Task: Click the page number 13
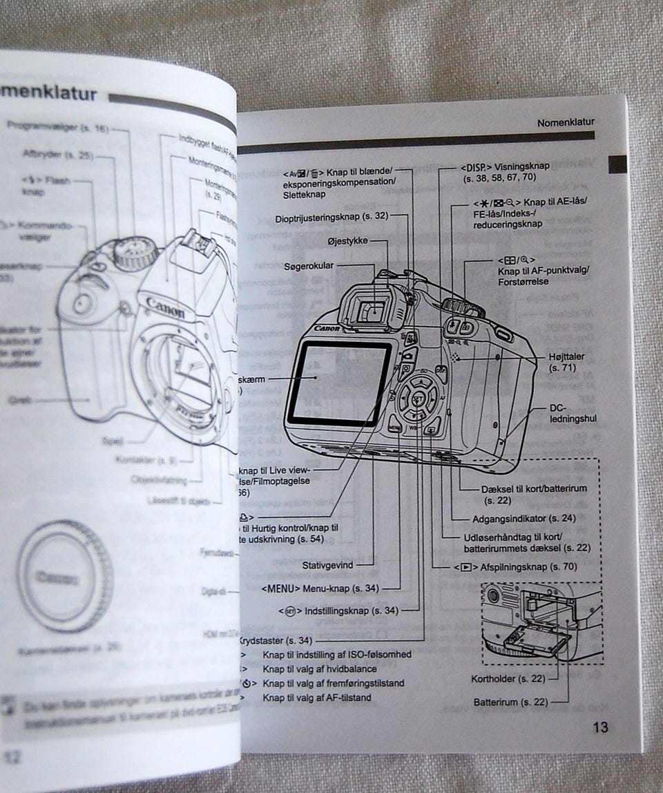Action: pyautogui.click(x=600, y=727)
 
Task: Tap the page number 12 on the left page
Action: pyautogui.click(x=12, y=756)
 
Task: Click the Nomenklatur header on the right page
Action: pyautogui.click(x=565, y=122)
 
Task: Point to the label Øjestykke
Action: pyautogui.click(x=348, y=241)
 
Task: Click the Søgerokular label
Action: pyautogui.click(x=310, y=266)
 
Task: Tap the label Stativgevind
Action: pyautogui.click(x=327, y=565)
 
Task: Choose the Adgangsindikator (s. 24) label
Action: pyautogui.click(x=524, y=518)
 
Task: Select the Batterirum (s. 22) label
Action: pyautogui.click(x=510, y=702)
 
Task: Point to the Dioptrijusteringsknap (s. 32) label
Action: pyautogui.click(x=331, y=216)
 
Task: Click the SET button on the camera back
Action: pyautogui.click(x=417, y=399)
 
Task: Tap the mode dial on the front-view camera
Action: pyautogui.click(x=135, y=254)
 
